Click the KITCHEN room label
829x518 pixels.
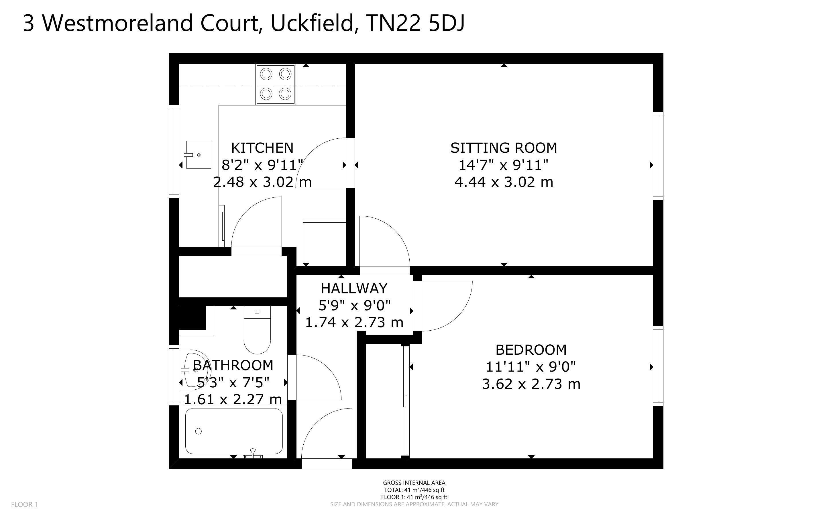click(262, 148)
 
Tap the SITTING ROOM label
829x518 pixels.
click(504, 148)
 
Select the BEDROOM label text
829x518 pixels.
click(531, 350)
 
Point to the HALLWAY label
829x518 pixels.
click(354, 289)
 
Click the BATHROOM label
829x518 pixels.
click(233, 365)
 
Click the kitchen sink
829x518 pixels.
click(198, 155)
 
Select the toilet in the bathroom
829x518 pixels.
click(257, 330)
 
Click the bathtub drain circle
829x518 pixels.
click(198, 431)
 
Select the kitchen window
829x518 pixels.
click(174, 151)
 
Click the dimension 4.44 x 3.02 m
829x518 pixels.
click(504, 182)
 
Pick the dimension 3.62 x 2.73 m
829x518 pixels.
click(531, 384)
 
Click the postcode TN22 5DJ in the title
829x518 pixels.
click(415, 23)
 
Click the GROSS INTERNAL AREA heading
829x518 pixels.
click(414, 483)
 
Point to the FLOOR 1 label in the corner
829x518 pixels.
click(25, 504)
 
